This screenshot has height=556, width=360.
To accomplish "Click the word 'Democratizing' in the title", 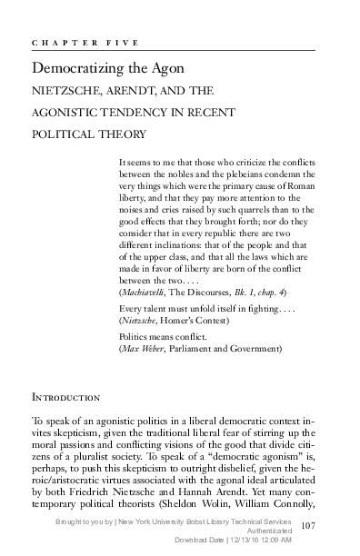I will click(71, 68).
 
